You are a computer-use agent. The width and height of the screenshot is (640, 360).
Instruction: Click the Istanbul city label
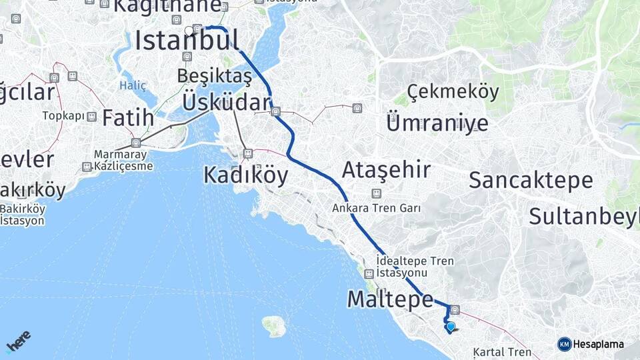[x=187, y=41]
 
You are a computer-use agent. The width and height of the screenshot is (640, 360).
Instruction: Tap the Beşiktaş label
[x=215, y=77]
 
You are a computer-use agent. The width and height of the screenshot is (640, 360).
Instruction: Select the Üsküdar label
[x=227, y=102]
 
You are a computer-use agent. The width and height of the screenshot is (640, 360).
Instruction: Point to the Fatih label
[x=128, y=119]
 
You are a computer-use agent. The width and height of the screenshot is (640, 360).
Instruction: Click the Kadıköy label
[x=245, y=175]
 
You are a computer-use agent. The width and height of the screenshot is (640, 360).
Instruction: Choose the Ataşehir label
[x=386, y=170]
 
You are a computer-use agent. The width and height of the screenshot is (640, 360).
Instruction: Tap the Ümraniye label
[x=437, y=123]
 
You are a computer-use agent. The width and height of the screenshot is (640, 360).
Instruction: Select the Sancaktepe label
[x=531, y=180]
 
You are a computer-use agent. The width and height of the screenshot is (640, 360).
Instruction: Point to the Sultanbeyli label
[x=584, y=216]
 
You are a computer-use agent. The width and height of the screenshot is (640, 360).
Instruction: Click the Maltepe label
[x=390, y=300]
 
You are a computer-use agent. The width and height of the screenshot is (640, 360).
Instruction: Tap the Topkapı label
[x=64, y=116]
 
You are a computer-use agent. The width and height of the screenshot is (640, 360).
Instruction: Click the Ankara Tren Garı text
[x=377, y=208]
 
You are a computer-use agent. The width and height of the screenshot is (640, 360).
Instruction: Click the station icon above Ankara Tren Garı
[x=377, y=193]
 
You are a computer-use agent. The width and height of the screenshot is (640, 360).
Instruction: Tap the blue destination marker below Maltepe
[x=451, y=327]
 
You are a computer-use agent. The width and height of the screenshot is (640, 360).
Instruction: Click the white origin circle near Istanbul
[x=189, y=30]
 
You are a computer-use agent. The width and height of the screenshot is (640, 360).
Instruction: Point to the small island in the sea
[x=274, y=326]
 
